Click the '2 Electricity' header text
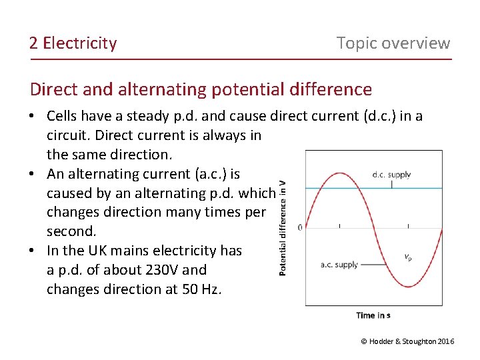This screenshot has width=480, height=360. tap(73, 43)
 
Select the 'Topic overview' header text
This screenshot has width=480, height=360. tap(393, 43)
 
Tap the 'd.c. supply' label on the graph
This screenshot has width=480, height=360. tap(391, 175)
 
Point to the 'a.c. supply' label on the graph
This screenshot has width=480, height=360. tap(339, 265)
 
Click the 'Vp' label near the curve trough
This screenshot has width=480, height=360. tap(407, 257)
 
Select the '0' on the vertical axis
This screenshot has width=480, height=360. tap(300, 227)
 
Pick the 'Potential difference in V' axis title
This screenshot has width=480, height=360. tap(283, 228)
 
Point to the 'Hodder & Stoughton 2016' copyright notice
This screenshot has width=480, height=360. tap(407, 341)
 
